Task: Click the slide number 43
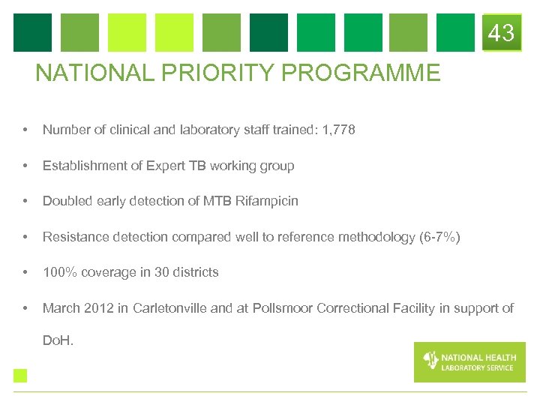coord(501,33)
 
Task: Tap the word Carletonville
coord(172,308)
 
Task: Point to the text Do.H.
coord(57,340)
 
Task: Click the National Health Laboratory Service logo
coord(469,361)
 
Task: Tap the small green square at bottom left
coord(20,376)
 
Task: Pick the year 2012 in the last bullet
coord(100,308)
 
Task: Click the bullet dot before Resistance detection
coord(26,237)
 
